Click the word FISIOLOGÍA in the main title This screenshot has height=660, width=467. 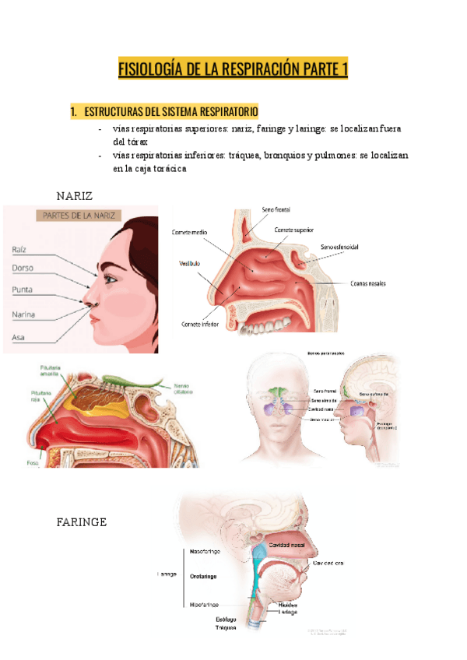[149, 70]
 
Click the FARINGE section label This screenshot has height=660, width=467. [82, 521]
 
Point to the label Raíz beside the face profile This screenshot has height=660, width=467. [20, 249]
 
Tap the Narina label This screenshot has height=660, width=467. [25, 314]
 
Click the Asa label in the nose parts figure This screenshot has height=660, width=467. [18, 338]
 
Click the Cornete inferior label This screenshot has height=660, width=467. [199, 324]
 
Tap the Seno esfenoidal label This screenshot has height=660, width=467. [339, 247]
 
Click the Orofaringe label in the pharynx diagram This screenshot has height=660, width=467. [203, 576]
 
